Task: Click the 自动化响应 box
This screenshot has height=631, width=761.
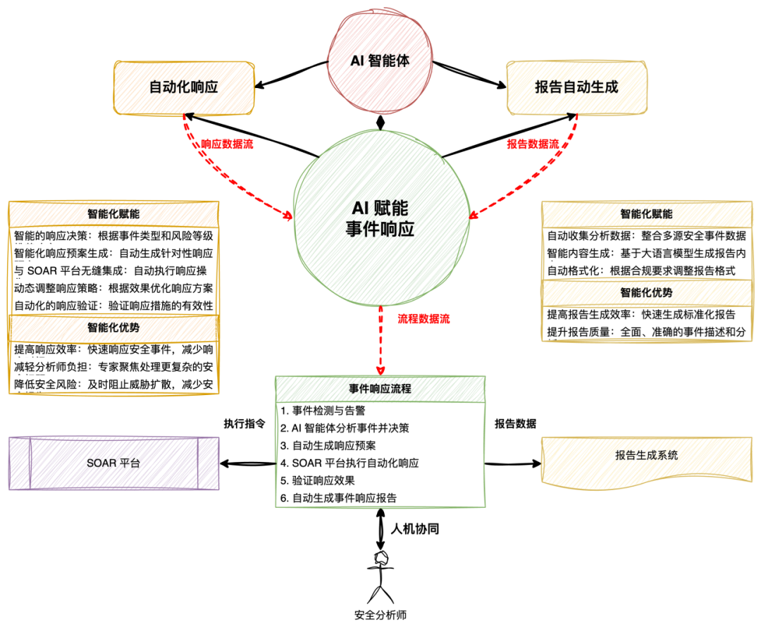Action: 184,88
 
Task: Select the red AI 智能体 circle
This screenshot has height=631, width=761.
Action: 380,61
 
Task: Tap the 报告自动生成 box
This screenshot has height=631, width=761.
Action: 576,88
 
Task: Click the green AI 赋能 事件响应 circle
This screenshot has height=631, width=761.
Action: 380,218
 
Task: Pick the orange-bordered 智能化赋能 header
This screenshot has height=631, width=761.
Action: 113,215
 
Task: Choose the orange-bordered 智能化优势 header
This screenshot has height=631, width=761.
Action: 113,328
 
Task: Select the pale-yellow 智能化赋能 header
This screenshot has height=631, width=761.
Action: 647,215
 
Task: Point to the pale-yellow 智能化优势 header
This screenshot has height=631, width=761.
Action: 647,293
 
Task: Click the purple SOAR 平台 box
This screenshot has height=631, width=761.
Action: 113,463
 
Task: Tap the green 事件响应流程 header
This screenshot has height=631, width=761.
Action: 380,389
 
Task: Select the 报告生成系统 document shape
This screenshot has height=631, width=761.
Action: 647,456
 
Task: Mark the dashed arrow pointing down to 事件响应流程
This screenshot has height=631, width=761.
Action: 380,338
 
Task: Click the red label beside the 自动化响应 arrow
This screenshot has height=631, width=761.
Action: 227,144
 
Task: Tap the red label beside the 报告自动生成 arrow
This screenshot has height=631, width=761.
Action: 533,144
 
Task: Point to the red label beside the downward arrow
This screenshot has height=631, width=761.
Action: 423,320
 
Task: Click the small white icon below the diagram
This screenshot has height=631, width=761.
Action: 379,558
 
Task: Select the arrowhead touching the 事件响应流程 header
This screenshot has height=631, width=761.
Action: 380,370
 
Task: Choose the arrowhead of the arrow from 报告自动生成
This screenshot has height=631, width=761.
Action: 474,214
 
